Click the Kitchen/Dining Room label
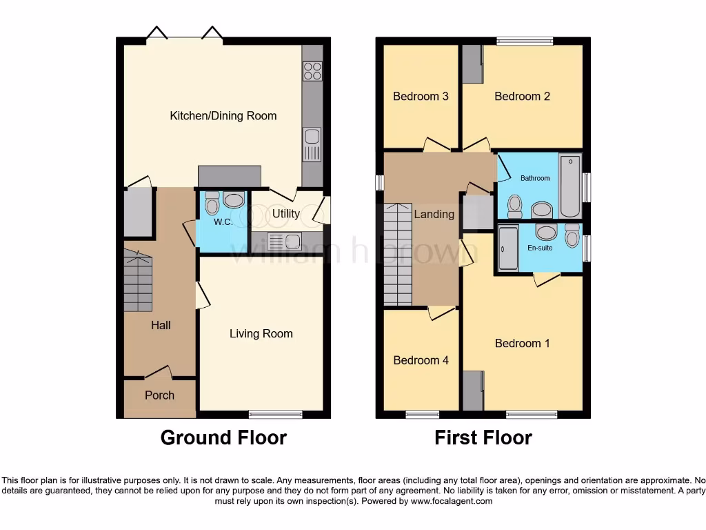click(223, 116)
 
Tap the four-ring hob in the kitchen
click(312, 70)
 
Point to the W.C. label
click(222, 222)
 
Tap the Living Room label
click(261, 334)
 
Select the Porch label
click(159, 395)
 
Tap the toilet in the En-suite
click(572, 235)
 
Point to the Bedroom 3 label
click(421, 97)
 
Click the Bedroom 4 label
click(421, 360)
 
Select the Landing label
click(434, 215)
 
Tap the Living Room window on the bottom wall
click(275, 415)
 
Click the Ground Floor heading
click(223, 438)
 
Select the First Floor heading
click(483, 438)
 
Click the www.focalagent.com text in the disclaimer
click(452, 501)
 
